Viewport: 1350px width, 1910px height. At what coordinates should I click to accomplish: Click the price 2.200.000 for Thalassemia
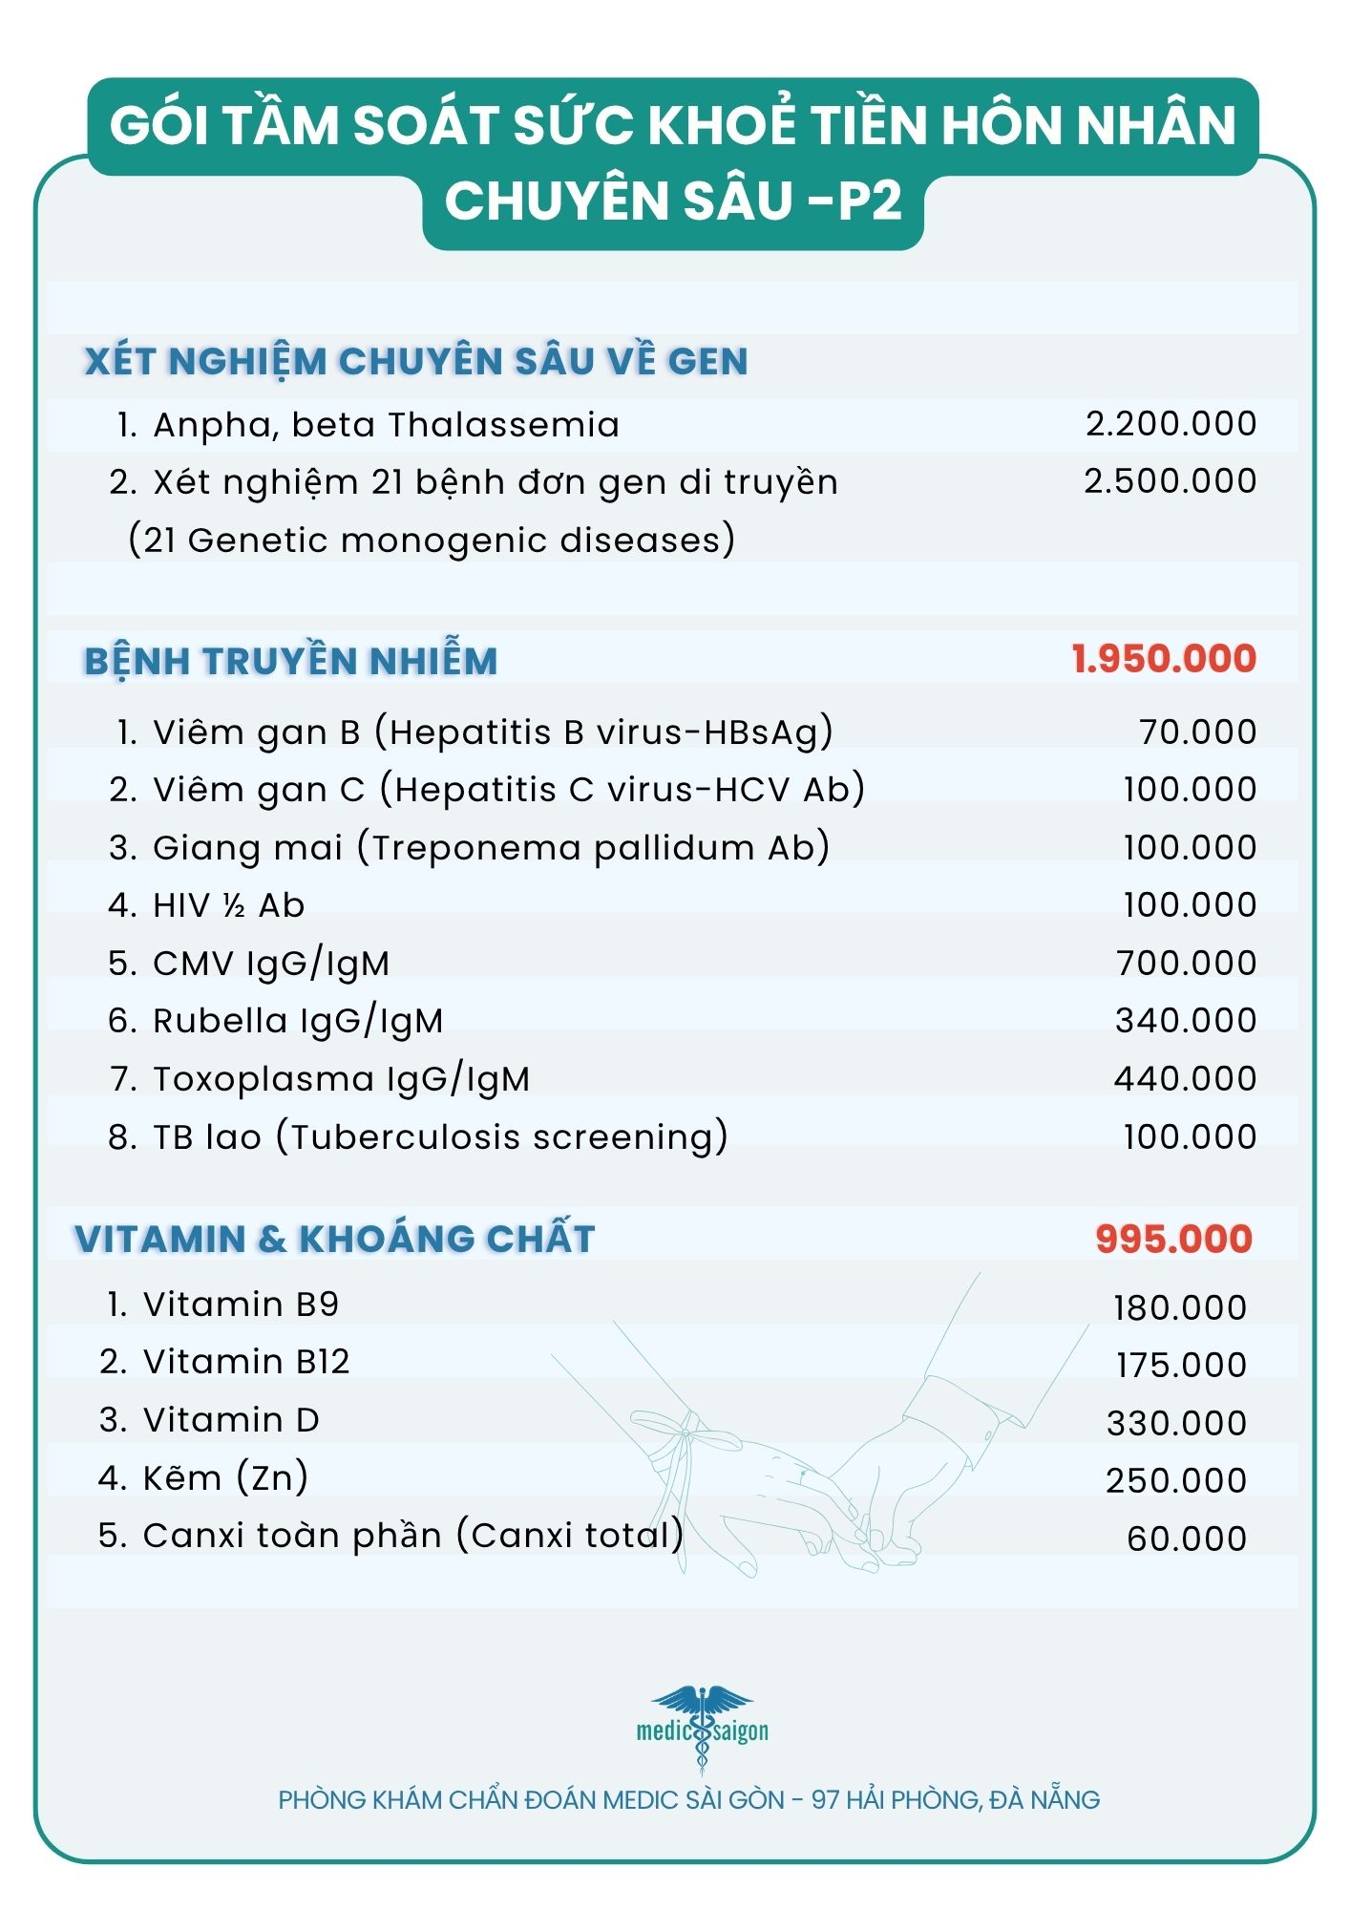pyautogui.click(x=1171, y=424)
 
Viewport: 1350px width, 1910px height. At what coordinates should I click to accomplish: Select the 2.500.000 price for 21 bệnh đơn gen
pyautogui.click(x=1170, y=481)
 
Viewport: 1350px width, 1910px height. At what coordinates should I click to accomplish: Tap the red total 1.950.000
pyautogui.click(x=1164, y=659)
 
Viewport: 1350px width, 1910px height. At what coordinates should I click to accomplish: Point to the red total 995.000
pyautogui.click(x=1173, y=1239)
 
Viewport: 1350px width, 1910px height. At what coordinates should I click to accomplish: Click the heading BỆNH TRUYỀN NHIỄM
pyautogui.click(x=291, y=661)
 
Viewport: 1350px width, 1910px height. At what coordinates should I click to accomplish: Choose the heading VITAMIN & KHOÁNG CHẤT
pyautogui.click(x=335, y=1239)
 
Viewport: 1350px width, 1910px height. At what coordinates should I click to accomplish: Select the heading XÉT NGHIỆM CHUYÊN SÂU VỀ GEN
pyautogui.click(x=416, y=361)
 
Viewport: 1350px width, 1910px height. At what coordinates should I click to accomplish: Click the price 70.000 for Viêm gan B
pyautogui.click(x=1197, y=732)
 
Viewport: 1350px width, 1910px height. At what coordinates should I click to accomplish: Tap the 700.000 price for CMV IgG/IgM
pyautogui.click(x=1186, y=964)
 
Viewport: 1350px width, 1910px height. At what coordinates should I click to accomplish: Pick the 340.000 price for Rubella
pyautogui.click(x=1186, y=1021)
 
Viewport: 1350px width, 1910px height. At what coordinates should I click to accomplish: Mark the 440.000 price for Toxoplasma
pyautogui.click(x=1185, y=1079)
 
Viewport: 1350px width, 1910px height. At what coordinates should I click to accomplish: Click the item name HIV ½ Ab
pyautogui.click(x=228, y=905)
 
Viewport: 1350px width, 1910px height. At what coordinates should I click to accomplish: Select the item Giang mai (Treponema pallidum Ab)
pyautogui.click(x=491, y=848)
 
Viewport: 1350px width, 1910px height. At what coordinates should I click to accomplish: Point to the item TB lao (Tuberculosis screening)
pyautogui.click(x=440, y=1137)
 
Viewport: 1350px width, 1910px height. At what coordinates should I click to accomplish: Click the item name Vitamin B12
pyautogui.click(x=246, y=1362)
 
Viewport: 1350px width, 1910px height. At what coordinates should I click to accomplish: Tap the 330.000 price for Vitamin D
pyautogui.click(x=1176, y=1424)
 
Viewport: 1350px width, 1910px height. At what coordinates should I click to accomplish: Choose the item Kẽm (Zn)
pyautogui.click(x=225, y=1478)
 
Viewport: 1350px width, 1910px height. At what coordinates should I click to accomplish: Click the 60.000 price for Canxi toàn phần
pyautogui.click(x=1186, y=1539)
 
